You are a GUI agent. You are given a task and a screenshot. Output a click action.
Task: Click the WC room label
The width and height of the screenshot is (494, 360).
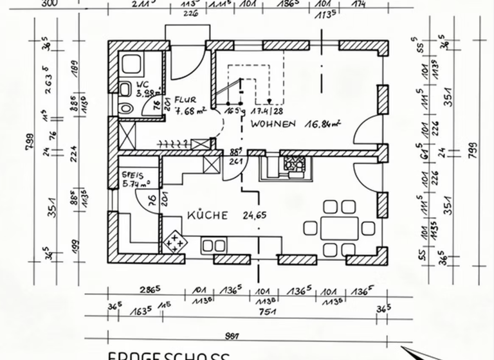tap(143, 84)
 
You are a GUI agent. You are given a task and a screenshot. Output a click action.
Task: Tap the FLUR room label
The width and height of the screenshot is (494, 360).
tap(185, 100)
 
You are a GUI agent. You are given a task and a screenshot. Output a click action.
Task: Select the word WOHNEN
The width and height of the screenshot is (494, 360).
tap(273, 124)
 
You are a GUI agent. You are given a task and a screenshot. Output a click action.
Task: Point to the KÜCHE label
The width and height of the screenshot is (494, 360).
tap(207, 215)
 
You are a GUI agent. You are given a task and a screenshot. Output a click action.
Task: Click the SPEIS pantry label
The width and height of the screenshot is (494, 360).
tap(133, 174)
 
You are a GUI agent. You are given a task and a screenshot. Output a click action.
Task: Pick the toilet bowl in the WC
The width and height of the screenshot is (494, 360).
tap(126, 88)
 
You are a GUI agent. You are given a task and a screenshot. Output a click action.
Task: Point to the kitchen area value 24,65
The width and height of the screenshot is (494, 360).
tap(254, 215)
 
